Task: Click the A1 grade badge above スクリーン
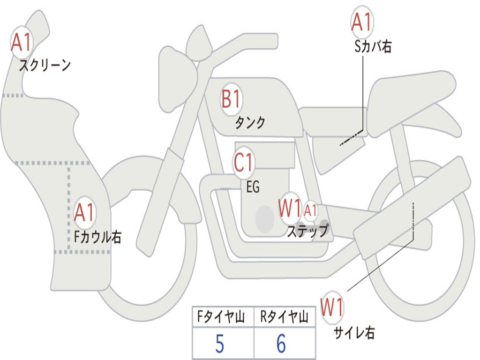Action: pyautogui.click(x=21, y=43)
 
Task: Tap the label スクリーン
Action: pyautogui.click(x=45, y=65)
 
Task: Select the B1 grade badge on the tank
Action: pyautogui.click(x=232, y=100)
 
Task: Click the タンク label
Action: pyautogui.click(x=250, y=123)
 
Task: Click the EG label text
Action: pyautogui.click(x=253, y=187)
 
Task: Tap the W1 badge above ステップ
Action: pyautogui.click(x=289, y=209)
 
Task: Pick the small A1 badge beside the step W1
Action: pyautogui.click(x=311, y=210)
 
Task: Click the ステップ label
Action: pyautogui.click(x=308, y=231)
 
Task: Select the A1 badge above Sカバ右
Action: pyautogui.click(x=361, y=22)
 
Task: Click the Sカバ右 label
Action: pyautogui.click(x=373, y=46)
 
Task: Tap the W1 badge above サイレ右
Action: pyautogui.click(x=332, y=308)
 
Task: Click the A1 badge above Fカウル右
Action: pyautogui.click(x=85, y=213)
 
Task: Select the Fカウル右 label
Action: pyautogui.click(x=98, y=237)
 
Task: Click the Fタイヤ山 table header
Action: pyautogui.click(x=223, y=318)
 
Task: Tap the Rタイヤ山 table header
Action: pyautogui.click(x=285, y=318)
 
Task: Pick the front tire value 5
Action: pyautogui.click(x=220, y=345)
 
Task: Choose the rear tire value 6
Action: pyautogui.click(x=281, y=345)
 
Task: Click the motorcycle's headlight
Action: pyautogui.click(x=177, y=79)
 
